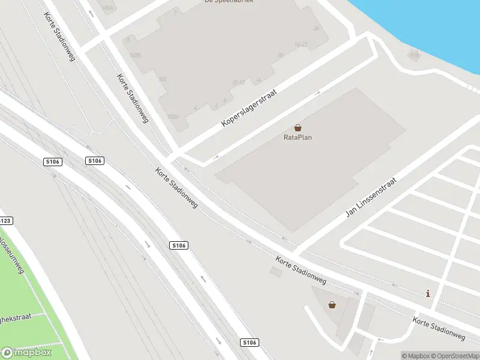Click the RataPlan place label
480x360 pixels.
pyautogui.click(x=298, y=137)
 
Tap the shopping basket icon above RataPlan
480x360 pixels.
pyautogui.click(x=298, y=128)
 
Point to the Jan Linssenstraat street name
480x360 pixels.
pyautogui.click(x=371, y=197)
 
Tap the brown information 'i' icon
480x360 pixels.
pyautogui.click(x=427, y=293)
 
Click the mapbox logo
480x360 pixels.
pyautogui.click(x=26, y=352)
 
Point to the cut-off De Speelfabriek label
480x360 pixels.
pyautogui.click(x=229, y=2)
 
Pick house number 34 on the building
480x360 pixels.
pyautogui.click(x=316, y=28)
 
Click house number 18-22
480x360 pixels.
pyautogui.click(x=301, y=45)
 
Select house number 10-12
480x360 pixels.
pyautogui.click(x=238, y=82)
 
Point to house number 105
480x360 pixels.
pyautogui.click(x=162, y=79)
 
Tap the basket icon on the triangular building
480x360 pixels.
pyautogui.click(x=332, y=305)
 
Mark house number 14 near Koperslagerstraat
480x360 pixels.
pyautogui.click(x=259, y=80)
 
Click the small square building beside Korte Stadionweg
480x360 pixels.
pyautogui.click(x=275, y=272)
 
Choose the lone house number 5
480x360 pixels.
pyautogui.click(x=128, y=40)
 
